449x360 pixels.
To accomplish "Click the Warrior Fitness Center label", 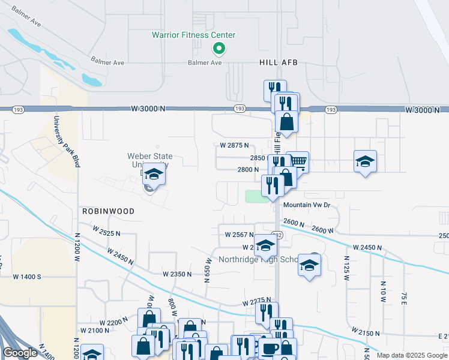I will (x=193, y=35).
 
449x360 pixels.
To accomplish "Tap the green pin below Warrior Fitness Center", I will (x=219, y=49).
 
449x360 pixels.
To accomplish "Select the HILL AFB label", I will (x=279, y=62).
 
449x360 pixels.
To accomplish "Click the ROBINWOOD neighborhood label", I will (x=109, y=212).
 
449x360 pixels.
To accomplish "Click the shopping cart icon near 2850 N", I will (x=298, y=161).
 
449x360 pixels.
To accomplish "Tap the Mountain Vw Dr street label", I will (x=307, y=205).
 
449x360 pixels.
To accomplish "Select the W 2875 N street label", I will (x=234, y=146).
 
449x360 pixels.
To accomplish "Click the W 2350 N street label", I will (x=177, y=274).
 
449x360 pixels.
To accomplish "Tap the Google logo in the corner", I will (x=19, y=353).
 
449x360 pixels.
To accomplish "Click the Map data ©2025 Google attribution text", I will (x=412, y=355).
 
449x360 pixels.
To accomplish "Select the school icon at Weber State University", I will (x=154, y=175).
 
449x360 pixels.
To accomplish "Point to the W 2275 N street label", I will (x=258, y=303).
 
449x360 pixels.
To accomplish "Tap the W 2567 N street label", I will (x=239, y=235).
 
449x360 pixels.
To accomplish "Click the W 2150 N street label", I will (x=367, y=332).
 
